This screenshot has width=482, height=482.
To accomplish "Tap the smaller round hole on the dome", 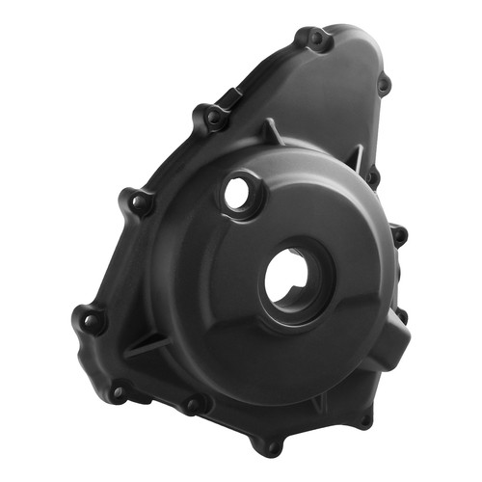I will (236, 193).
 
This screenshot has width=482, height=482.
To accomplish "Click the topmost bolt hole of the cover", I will (314, 39).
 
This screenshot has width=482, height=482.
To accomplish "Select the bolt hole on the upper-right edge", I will (383, 85).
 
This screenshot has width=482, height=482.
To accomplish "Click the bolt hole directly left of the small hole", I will (141, 202).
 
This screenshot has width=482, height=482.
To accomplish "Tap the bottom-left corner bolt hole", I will (120, 391).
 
